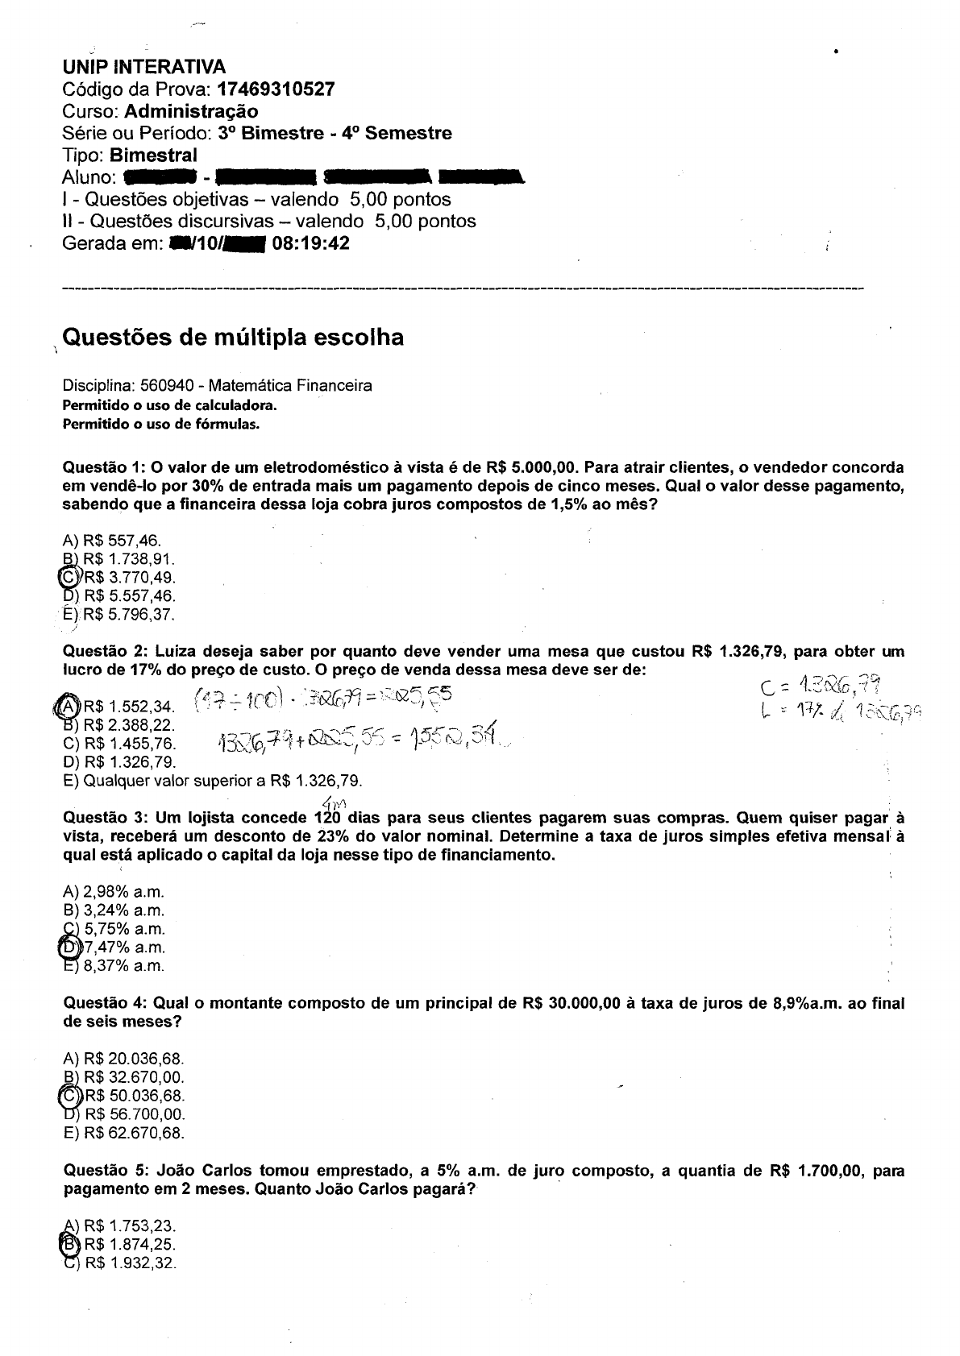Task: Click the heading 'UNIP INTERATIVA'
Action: (143, 67)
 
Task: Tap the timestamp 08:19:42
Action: (311, 243)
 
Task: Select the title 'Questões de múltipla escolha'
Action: (233, 337)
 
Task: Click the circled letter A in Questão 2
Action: (69, 706)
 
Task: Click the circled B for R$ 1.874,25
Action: (70, 1244)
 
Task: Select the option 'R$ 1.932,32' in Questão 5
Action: (130, 1263)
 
